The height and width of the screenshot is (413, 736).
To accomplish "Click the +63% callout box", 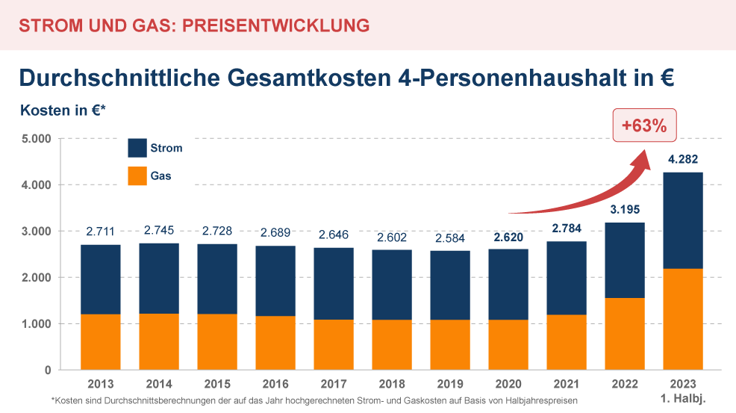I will pyautogui.click(x=645, y=125).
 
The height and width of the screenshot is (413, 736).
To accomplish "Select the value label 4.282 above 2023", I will pyautogui.click(x=683, y=159).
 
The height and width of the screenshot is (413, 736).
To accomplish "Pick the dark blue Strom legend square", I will pyautogui.click(x=138, y=148).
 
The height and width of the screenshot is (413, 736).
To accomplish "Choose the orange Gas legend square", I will pyautogui.click(x=138, y=176).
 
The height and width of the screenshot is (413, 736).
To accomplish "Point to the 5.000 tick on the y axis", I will pyautogui.click(x=35, y=139).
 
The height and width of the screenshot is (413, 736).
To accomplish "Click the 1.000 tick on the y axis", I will pyautogui.click(x=35, y=324).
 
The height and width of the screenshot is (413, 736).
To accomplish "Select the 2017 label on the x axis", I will pyautogui.click(x=333, y=385).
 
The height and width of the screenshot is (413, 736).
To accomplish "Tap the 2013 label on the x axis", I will pyautogui.click(x=101, y=385).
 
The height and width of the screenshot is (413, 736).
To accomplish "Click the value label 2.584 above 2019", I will pyautogui.click(x=450, y=238).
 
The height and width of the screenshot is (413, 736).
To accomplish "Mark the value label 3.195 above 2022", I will pyautogui.click(x=625, y=210).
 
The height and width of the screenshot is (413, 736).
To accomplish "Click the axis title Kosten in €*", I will pyautogui.click(x=63, y=111).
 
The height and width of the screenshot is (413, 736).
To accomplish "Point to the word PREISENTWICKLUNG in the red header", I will pyautogui.click(x=276, y=25).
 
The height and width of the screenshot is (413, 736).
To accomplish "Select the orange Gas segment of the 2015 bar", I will pyautogui.click(x=217, y=341).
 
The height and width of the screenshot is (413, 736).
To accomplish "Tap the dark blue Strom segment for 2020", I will pyautogui.click(x=508, y=285).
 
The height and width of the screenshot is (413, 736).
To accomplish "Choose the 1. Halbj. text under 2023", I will pyautogui.click(x=683, y=400).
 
